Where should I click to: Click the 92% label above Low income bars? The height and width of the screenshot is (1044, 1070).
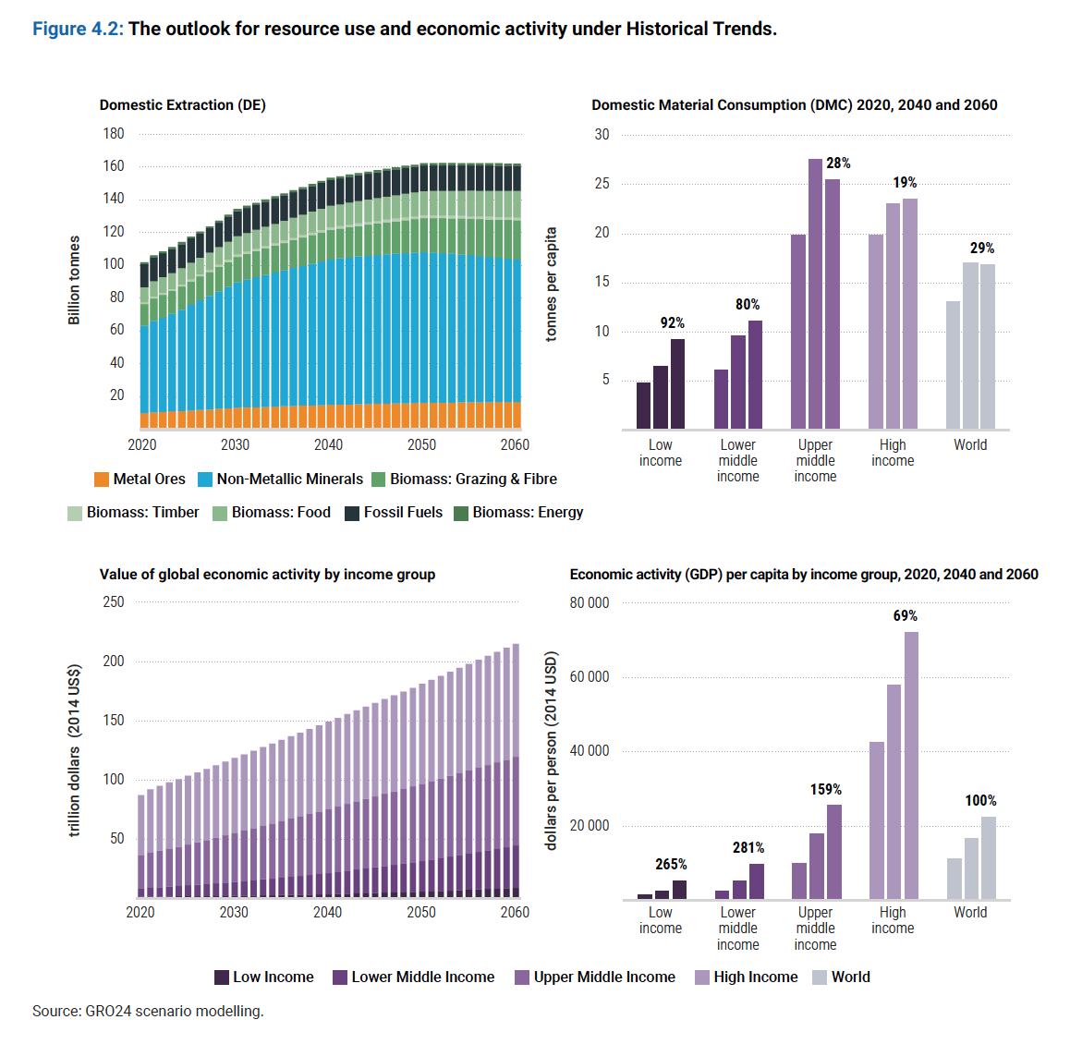coord(672,322)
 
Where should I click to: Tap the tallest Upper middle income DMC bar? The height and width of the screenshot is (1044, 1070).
coord(815,294)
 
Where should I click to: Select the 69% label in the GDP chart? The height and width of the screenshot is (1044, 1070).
coord(905,615)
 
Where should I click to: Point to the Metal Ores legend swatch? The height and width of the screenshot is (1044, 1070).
coord(102,480)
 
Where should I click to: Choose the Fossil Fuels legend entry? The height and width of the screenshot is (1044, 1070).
coord(393,513)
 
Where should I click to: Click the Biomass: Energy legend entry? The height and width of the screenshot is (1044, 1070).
coord(518,513)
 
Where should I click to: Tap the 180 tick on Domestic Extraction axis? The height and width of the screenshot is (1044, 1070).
coord(114,133)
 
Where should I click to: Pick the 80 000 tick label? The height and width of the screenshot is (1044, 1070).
coord(590,602)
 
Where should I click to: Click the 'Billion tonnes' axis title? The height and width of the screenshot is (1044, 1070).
coord(74,280)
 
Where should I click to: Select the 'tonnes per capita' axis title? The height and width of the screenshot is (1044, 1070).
coord(552,285)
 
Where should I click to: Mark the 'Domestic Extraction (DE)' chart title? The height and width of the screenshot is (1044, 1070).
coord(183,105)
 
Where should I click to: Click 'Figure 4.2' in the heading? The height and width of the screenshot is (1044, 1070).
coord(78,29)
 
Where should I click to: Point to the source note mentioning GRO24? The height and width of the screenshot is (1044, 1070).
coord(148,1011)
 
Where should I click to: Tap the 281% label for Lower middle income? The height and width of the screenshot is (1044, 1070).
coord(748,847)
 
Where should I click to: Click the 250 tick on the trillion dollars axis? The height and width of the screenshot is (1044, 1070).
coord(114,601)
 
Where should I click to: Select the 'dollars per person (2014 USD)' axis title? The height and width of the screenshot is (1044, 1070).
coord(552,750)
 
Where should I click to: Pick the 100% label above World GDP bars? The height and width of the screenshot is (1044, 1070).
coord(980,800)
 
